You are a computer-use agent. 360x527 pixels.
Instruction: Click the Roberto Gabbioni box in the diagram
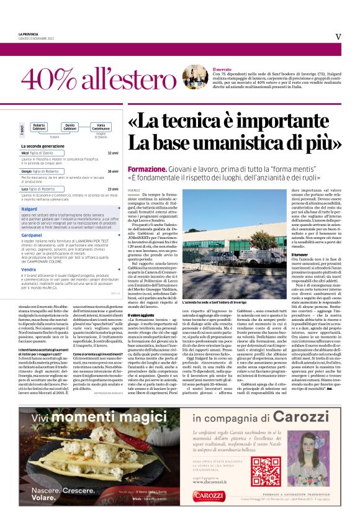coord(39,127)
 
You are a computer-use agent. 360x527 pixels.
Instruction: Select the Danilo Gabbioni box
coord(70,127)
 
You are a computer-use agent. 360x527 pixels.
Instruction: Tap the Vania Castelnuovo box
coord(101,127)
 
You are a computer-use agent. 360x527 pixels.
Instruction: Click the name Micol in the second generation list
coord(25,153)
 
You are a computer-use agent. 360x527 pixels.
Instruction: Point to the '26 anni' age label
coord(112,171)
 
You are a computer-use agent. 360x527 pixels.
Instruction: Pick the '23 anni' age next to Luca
coord(112,189)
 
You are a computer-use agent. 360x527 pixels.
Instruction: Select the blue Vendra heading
coord(28,269)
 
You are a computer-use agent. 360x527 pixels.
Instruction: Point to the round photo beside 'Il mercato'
coord(195,76)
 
